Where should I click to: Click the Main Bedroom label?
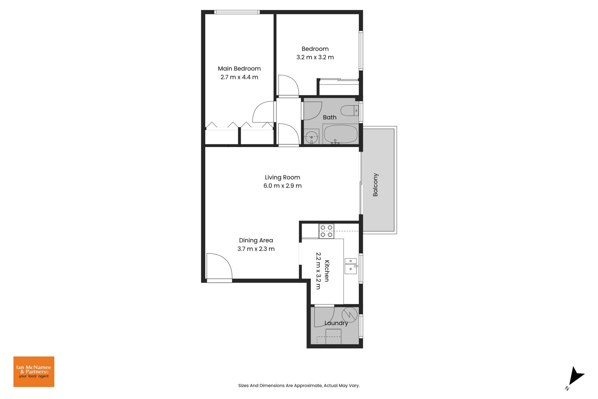click(239, 69)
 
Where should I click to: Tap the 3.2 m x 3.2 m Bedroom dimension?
click(315, 57)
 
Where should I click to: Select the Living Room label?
click(282, 177)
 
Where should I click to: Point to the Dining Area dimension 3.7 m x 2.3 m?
click(256, 249)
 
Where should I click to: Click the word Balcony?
click(375, 185)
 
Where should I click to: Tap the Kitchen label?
click(327, 271)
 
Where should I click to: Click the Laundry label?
click(336, 323)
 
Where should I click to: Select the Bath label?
click(330, 117)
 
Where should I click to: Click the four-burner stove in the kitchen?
click(326, 231)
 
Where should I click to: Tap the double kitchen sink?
click(351, 266)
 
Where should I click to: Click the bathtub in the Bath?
click(340, 134)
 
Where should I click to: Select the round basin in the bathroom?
click(312, 137)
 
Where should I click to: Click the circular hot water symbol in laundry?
click(349, 314)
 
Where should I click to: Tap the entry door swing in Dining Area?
click(219, 267)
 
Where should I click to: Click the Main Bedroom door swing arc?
click(263, 112)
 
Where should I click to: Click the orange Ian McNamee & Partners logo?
click(34, 372)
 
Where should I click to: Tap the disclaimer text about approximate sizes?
click(299, 385)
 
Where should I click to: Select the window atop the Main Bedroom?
click(237, 12)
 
